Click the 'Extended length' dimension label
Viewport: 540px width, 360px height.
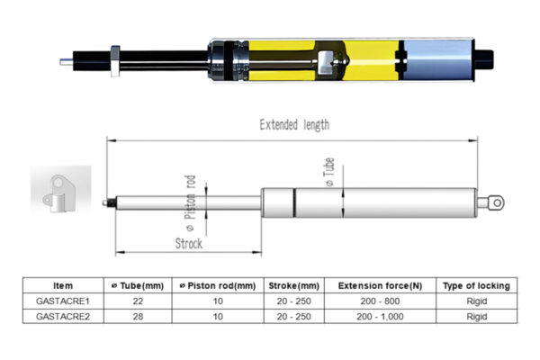[294, 125]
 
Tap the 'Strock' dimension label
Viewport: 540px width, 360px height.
[189, 244]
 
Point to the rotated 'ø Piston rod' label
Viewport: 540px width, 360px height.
[190, 203]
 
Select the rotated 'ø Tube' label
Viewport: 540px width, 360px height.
[329, 172]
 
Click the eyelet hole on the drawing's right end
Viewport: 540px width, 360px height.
[497, 202]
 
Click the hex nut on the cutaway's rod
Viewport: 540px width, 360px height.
[115, 61]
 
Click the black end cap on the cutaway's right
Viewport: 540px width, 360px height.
[483, 59]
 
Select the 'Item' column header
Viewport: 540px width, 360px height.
[63, 285]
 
